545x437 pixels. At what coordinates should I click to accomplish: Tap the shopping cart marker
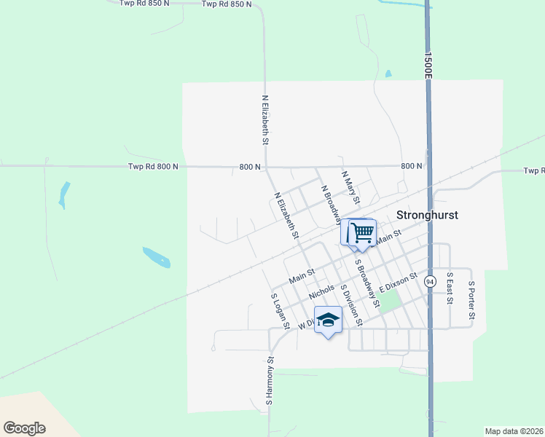(x=361, y=233)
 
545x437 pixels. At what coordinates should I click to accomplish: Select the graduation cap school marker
(x=328, y=320)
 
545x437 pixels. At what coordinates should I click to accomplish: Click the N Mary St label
(x=351, y=188)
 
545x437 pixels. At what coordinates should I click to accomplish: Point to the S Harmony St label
(x=270, y=380)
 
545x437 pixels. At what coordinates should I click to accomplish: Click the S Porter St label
(x=471, y=299)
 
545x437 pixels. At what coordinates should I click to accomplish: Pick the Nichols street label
(x=321, y=291)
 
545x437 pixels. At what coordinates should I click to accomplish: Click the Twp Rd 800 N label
(x=153, y=167)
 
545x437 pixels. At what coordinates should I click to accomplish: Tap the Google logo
(x=24, y=428)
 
